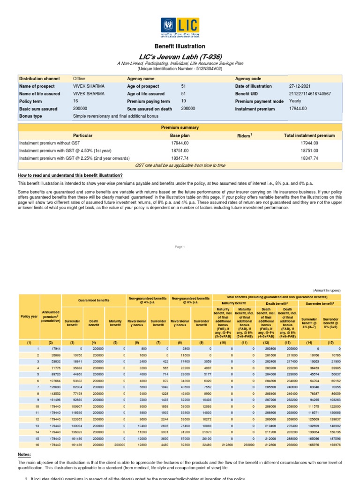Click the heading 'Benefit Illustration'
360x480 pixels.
click(x=180, y=46)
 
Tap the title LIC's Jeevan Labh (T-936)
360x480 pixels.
click(x=180, y=56)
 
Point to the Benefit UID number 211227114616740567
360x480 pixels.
click(x=310, y=94)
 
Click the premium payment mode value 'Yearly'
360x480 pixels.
click(x=296, y=101)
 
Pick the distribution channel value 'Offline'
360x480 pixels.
click(x=79, y=79)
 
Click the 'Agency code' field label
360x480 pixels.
click(x=248, y=79)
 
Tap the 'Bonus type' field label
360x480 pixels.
click(x=30, y=116)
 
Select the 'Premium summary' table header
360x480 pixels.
click(x=180, y=127)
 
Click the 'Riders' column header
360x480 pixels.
click(x=245, y=135)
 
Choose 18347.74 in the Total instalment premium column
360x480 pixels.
click(x=309, y=158)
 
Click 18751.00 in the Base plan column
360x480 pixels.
click(x=180, y=151)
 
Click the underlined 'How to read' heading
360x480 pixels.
click(x=70, y=175)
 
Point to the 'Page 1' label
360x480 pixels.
click(x=180, y=247)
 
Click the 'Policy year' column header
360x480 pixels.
click(x=29, y=316)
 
